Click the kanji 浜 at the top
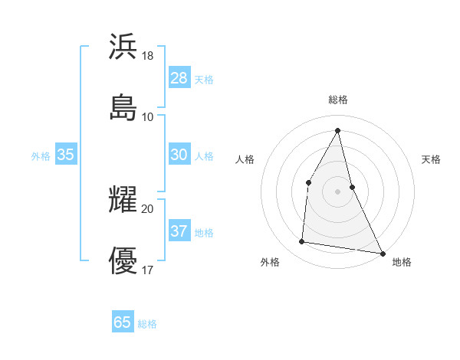click(x=123, y=46)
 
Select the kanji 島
click(x=123, y=106)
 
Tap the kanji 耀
click(x=123, y=199)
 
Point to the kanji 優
click(x=123, y=260)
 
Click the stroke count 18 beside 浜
click(x=148, y=56)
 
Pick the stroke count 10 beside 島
click(x=148, y=116)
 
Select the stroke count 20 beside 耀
click(x=148, y=208)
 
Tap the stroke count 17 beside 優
click(x=148, y=270)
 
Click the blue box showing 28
click(x=179, y=78)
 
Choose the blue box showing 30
click(x=179, y=155)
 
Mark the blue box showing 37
click(x=179, y=231)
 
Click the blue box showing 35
click(x=66, y=155)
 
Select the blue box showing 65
click(x=123, y=322)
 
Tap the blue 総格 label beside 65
click(x=147, y=324)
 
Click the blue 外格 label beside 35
click(x=41, y=156)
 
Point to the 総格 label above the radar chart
click(x=338, y=100)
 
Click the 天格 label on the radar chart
click(x=431, y=159)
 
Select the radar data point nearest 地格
click(x=382, y=253)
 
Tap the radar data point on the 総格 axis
click(x=338, y=129)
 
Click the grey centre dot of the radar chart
click(x=338, y=191)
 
